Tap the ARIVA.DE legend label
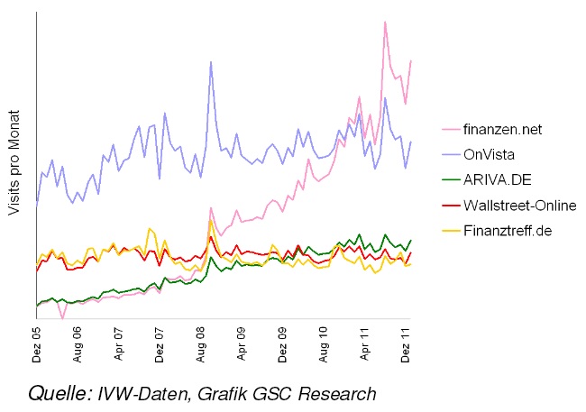(x=495, y=179)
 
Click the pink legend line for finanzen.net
(x=451, y=129)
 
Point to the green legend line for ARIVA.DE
(x=451, y=179)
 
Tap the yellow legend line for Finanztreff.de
(x=451, y=230)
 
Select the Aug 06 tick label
(x=79, y=343)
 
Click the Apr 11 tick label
(x=365, y=343)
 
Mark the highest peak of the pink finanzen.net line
(x=385, y=22)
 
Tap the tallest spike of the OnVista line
(x=210, y=62)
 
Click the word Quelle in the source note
(x=59, y=393)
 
